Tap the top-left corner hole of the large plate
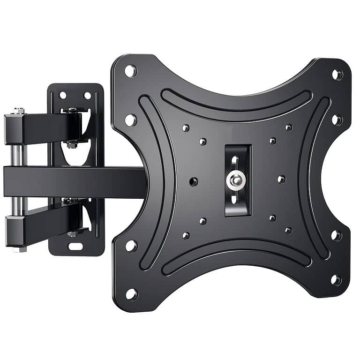(x=130, y=71)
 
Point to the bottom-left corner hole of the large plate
(x=132, y=294)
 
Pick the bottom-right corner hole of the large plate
(x=336, y=280)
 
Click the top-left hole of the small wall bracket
(x=63, y=95)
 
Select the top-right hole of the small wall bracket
(x=87, y=95)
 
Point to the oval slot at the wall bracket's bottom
(x=75, y=246)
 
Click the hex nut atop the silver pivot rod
(x=19, y=111)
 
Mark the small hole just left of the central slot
(x=193, y=181)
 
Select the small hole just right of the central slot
(x=281, y=179)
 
